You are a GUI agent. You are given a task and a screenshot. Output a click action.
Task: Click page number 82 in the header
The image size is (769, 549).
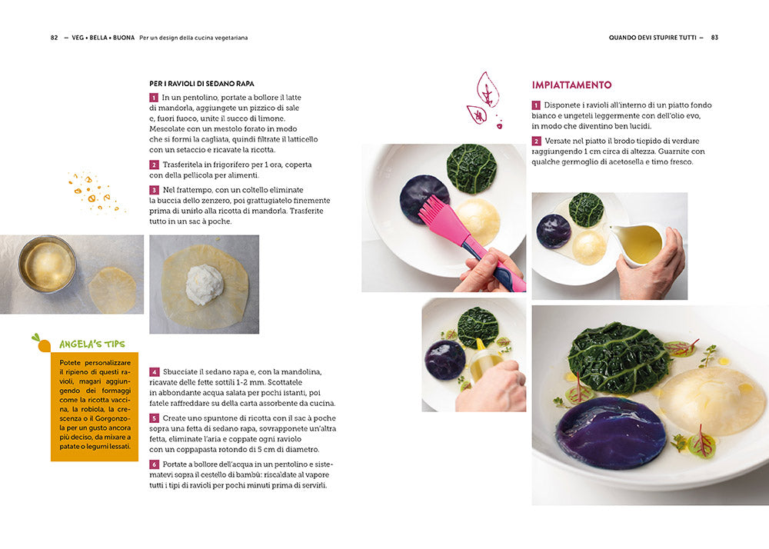click(55, 37)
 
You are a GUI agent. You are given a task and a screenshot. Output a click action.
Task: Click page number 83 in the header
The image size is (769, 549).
click(714, 37)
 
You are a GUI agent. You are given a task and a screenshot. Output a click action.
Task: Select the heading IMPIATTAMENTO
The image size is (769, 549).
click(571, 85)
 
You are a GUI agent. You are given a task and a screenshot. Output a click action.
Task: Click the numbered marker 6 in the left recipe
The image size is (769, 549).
click(154, 464)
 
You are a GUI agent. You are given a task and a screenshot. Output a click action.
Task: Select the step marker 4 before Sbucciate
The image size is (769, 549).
click(154, 371)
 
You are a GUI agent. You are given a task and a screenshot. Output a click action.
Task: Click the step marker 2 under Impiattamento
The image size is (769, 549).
click(536, 141)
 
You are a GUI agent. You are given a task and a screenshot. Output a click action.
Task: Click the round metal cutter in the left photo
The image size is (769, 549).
click(47, 264)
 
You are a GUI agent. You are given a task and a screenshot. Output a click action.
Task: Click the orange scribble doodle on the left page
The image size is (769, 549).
click(97, 192)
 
